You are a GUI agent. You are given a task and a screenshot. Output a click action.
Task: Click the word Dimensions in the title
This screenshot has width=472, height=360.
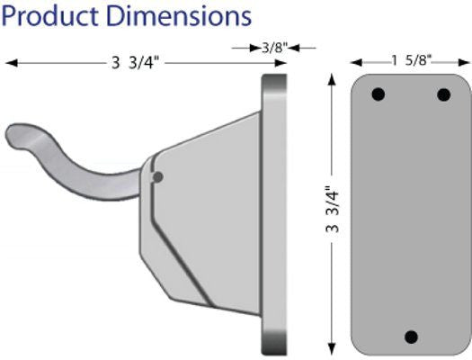(x=175, y=16)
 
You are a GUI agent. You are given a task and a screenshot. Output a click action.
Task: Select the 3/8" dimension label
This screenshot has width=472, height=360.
(x=273, y=49)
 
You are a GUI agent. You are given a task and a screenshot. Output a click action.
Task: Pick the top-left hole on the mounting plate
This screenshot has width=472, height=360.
(x=378, y=94)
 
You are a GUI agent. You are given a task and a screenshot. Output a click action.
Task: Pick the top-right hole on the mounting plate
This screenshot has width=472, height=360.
(x=443, y=94)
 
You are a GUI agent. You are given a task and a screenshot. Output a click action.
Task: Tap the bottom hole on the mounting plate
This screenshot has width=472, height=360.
(x=411, y=337)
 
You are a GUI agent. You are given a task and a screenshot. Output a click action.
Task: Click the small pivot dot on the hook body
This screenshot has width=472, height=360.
(x=158, y=177)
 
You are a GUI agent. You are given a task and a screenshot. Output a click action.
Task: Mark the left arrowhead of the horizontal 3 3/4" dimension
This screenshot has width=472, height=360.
(x=12, y=63)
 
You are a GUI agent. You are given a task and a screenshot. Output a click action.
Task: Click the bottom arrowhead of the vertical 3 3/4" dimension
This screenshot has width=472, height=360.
(x=332, y=348)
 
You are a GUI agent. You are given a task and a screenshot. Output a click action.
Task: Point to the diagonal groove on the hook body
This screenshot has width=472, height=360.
(x=180, y=253)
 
